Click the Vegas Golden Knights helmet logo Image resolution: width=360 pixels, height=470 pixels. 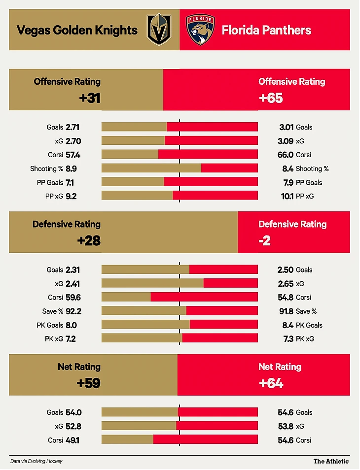click(158, 30)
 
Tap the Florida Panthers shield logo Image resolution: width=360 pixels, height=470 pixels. click(200, 30)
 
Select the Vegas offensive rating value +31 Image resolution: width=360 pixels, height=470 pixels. click(89, 98)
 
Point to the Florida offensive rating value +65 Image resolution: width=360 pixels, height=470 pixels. click(271, 98)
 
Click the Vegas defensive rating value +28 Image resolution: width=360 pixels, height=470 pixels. click(89, 241)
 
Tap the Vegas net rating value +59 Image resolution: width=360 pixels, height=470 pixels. click(89, 383)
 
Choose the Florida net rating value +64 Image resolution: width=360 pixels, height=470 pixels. click(271, 383)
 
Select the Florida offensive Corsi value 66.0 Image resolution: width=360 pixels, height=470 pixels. click(287, 155)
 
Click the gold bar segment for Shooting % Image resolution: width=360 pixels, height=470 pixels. click(151, 168)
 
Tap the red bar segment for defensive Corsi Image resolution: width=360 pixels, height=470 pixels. click(204, 298)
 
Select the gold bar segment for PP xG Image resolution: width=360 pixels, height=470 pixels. click(137, 196)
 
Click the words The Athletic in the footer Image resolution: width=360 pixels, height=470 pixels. click(331, 462)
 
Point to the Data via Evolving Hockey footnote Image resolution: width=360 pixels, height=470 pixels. click(36, 462)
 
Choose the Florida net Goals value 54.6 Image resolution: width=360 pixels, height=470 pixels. click(287, 412)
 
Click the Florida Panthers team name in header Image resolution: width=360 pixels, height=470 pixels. click(266, 31)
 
